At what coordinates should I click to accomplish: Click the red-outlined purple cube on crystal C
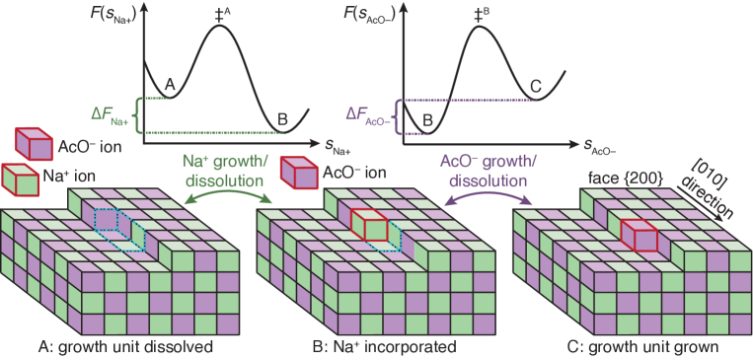pos(640,236)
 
